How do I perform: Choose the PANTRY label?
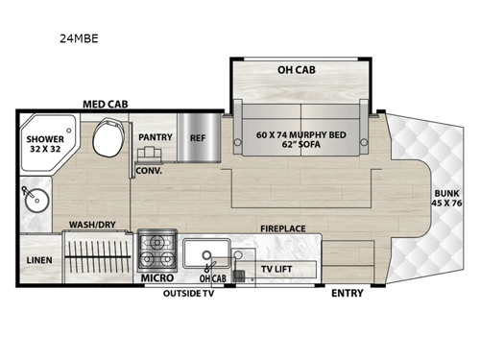click(x=155, y=137)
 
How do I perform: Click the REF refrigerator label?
click(x=198, y=137)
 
